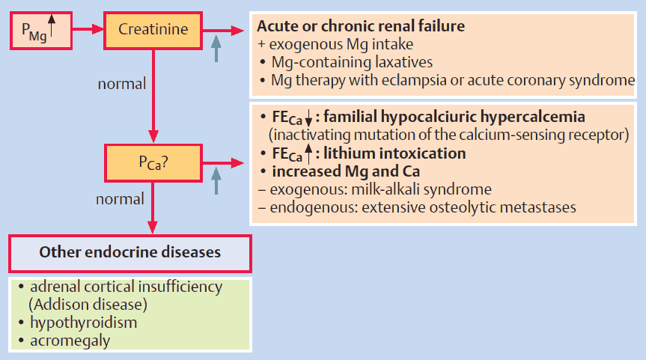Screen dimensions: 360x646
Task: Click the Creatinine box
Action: coord(153,30)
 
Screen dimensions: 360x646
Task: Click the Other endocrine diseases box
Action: coord(130,252)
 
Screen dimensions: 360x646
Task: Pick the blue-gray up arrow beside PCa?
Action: coord(216,181)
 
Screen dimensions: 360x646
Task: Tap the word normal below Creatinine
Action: coord(122,83)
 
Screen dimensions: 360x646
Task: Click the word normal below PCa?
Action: coord(120,199)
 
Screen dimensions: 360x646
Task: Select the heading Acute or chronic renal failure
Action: coord(360,26)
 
